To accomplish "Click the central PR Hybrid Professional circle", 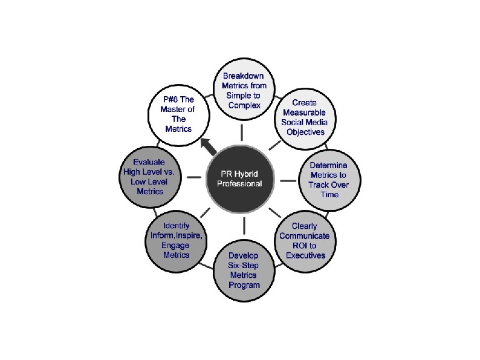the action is (241, 178).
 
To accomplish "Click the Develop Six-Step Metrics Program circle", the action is (244, 270).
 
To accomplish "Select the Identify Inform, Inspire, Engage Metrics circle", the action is (177, 240).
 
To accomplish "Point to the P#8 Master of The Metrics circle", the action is (179, 115).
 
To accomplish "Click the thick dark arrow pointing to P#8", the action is (209, 146).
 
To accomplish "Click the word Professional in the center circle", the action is (241, 183).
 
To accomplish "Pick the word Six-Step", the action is (244, 266).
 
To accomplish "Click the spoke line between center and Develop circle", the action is (244, 225).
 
